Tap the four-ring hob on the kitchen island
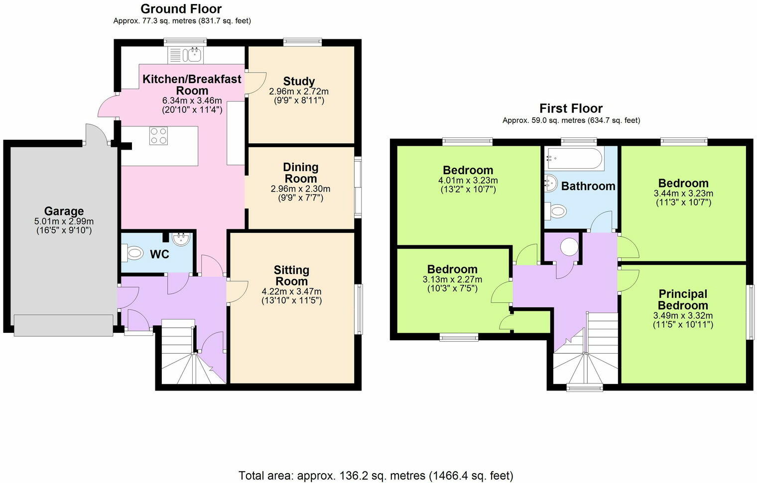pos(158,136)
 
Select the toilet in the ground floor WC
pos(132,253)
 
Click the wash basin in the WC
pos(182,239)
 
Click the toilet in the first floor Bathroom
pos(556,211)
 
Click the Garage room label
pos(64,211)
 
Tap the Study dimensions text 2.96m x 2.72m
pos(299,92)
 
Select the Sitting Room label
pos(291,276)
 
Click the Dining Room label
pos(300,173)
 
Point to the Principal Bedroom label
pos(683,299)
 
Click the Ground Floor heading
pos(181,8)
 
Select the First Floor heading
pos(571,108)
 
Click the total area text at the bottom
pos(376,476)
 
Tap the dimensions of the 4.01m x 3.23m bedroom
pos(468,181)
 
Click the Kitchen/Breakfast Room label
pos(192,85)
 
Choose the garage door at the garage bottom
pos(63,325)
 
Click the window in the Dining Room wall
pos(358,187)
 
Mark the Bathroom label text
pos(588,186)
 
